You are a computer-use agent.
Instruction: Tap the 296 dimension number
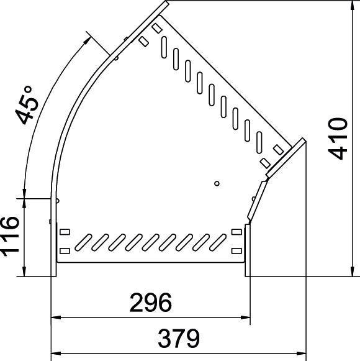click(150, 303)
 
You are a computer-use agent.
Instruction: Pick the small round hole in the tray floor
click(217, 183)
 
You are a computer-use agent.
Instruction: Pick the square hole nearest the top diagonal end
click(155, 28)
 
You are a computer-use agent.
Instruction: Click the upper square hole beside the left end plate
click(65, 232)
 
